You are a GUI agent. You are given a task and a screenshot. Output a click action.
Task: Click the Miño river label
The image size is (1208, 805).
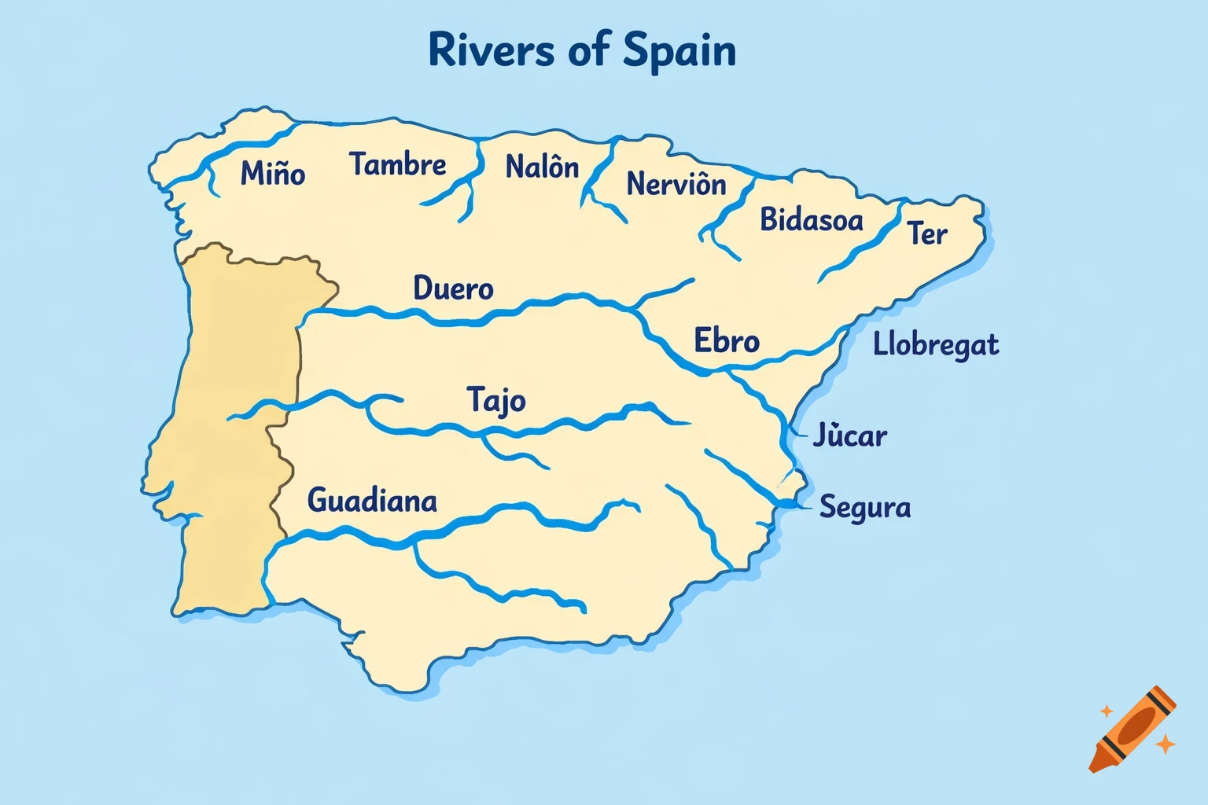272,173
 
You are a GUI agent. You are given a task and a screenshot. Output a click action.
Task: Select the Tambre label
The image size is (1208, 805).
397,164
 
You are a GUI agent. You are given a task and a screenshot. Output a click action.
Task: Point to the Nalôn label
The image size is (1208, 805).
542,167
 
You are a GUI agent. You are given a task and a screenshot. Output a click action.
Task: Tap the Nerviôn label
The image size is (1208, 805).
676,184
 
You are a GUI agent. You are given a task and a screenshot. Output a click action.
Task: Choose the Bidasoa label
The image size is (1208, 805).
811,219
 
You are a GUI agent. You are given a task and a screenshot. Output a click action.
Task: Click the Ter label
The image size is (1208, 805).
926,233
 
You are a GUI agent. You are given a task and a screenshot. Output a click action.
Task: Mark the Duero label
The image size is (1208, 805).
453,289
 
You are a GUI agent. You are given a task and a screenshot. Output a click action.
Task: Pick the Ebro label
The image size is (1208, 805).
726,341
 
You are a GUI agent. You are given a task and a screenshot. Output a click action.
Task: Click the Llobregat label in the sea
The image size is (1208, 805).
935,345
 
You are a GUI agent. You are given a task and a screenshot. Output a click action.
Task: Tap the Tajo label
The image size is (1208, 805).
495,400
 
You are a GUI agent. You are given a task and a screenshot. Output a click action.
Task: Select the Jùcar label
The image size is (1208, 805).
849,435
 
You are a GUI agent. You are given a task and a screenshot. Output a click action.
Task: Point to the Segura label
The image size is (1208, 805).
864,507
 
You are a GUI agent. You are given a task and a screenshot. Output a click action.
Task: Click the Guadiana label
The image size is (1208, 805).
372,501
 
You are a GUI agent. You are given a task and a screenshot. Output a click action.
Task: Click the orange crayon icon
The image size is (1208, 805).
1132,729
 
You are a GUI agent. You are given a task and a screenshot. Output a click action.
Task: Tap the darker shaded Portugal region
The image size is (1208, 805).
228,440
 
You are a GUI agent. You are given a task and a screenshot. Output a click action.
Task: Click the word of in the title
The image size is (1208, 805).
588,50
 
